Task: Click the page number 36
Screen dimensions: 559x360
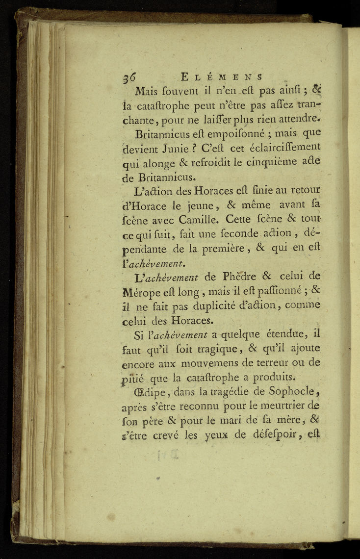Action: (x=129, y=77)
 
